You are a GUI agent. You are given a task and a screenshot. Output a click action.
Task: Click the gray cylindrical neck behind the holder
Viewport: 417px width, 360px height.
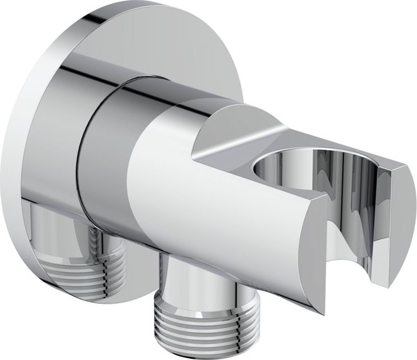point(104,160)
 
